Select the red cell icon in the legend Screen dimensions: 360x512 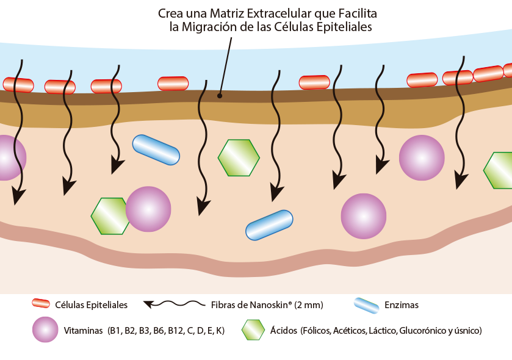pos(41,304)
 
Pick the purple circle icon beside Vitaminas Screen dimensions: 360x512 pos(46,330)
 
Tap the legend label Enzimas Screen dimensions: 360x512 pos(402,304)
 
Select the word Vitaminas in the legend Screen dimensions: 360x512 pos(84,331)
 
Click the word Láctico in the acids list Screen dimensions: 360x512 pos(379,331)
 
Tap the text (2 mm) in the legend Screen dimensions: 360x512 pos(309,304)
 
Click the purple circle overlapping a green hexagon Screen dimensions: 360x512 pos(148,209)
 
